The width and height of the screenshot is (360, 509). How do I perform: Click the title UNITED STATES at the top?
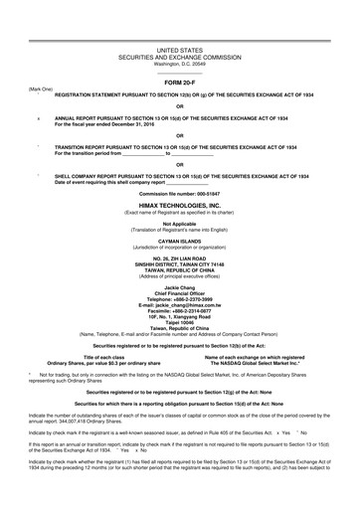[180, 48]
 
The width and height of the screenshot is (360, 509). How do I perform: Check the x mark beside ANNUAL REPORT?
[38, 117]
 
